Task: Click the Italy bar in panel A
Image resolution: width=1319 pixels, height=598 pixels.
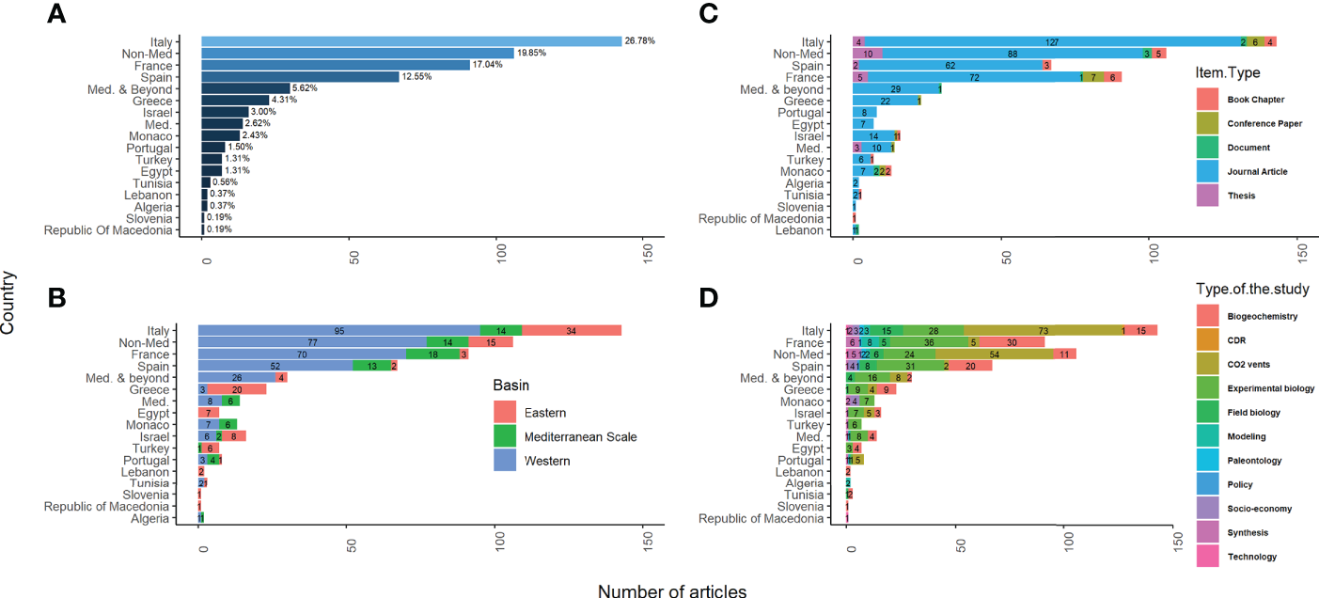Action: pos(412,41)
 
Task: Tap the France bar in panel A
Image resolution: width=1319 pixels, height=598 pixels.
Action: pos(336,65)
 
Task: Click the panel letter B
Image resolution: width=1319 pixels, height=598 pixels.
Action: pos(55,298)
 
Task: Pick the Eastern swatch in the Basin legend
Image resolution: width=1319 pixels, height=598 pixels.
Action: pos(506,412)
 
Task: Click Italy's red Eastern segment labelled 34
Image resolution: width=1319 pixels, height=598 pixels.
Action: pos(572,330)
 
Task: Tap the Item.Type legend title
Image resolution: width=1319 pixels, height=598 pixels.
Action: pos(1227,73)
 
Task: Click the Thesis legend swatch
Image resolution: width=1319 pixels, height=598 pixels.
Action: pos(1208,196)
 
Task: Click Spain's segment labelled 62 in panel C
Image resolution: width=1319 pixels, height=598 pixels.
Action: pos(950,65)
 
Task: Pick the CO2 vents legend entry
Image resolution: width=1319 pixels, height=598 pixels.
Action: pos(1248,364)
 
